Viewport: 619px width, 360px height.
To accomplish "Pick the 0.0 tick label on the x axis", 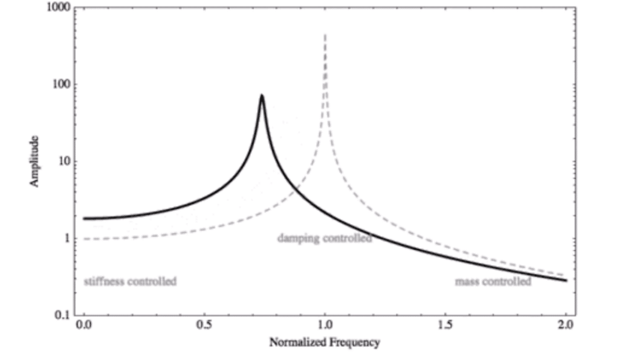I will (x=84, y=327).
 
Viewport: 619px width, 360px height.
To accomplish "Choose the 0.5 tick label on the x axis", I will (x=204, y=327).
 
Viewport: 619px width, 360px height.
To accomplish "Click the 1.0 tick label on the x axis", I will (x=325, y=327).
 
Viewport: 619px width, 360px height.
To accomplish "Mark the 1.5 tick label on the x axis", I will (x=446, y=327).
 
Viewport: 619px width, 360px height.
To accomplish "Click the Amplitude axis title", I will (x=34, y=161).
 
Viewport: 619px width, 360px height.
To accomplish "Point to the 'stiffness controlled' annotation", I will (x=130, y=281).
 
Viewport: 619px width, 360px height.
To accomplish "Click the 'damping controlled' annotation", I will (x=325, y=238).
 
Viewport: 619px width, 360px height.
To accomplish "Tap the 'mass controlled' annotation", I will (x=493, y=281).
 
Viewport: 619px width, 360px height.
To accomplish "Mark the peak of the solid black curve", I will (x=262, y=95).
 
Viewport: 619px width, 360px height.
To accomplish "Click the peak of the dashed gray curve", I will (x=325, y=35).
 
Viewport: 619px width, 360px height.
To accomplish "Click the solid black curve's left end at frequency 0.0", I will (x=85, y=219).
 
